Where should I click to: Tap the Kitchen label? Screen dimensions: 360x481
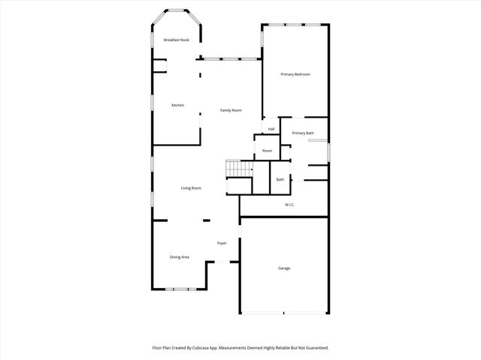click(x=177, y=105)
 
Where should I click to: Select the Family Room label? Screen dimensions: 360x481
click(x=231, y=110)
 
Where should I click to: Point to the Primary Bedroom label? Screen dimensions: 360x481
click(x=295, y=74)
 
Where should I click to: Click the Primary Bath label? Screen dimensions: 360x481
click(x=303, y=133)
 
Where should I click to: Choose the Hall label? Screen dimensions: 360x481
click(x=271, y=129)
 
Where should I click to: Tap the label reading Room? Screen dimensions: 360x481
click(x=267, y=151)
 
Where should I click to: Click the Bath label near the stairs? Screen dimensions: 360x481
click(x=280, y=179)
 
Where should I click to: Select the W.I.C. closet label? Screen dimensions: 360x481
click(x=289, y=205)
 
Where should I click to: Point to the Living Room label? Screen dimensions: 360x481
click(x=191, y=187)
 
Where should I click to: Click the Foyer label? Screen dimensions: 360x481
click(x=222, y=243)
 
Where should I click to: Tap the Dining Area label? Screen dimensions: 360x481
click(x=179, y=257)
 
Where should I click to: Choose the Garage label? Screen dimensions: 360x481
click(x=284, y=268)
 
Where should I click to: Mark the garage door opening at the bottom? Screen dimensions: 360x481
click(x=284, y=313)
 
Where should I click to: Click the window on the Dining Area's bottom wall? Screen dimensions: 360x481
click(x=180, y=289)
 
